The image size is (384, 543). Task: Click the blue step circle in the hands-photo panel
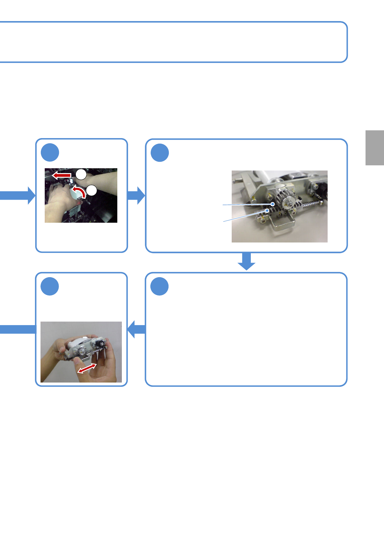click(50, 153)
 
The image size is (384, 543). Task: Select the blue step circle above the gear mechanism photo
click(160, 153)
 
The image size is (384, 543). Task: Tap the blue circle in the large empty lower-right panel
click(159, 287)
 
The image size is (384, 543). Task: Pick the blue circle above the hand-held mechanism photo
click(50, 287)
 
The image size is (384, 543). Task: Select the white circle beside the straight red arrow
click(81, 174)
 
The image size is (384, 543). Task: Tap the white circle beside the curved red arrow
click(92, 190)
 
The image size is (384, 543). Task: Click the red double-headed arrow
click(87, 368)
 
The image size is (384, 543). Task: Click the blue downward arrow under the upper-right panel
click(247, 261)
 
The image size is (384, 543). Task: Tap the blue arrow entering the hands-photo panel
click(18, 195)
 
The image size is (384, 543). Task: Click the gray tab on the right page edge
click(375, 148)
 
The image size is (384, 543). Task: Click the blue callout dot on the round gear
click(273, 204)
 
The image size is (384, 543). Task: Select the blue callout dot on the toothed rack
click(267, 210)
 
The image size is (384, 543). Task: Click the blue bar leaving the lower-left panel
click(18, 329)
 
